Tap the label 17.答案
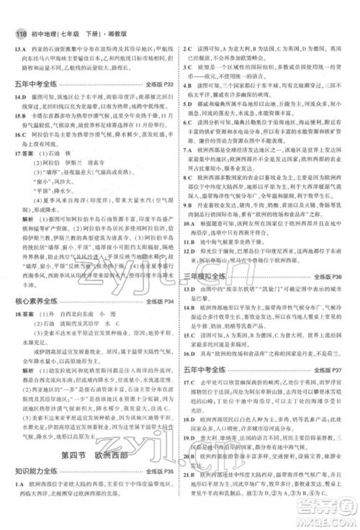point(26,154)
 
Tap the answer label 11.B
point(192,253)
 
